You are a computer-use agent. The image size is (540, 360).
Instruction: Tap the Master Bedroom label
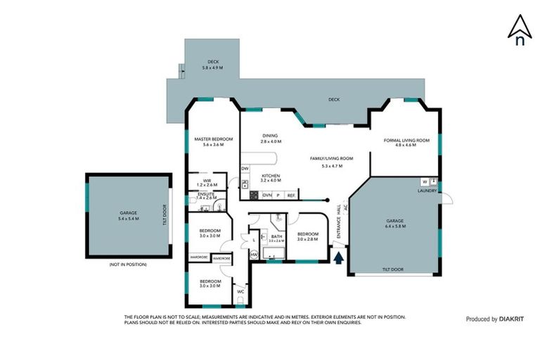213,139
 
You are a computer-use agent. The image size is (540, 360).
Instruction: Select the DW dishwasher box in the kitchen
245,169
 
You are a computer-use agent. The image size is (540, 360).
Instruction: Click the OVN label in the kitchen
267,195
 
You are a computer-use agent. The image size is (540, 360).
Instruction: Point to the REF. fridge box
290,195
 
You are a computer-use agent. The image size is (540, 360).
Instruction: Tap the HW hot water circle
254,254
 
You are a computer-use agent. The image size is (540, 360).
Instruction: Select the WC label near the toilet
240,291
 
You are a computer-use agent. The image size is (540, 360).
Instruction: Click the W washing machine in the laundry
424,181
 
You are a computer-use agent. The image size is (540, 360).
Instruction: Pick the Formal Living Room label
406,141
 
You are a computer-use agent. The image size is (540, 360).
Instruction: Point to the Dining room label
270,136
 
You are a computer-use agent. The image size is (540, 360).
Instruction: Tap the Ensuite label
206,194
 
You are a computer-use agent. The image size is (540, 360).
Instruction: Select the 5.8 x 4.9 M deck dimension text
212,67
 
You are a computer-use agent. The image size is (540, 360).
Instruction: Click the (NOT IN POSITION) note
128,264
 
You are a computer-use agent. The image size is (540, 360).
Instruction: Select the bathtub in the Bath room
273,250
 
